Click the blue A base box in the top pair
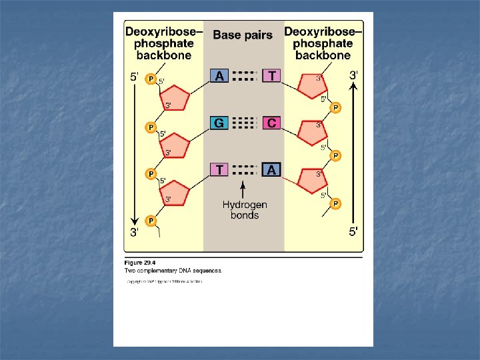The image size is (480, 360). [x=219, y=76]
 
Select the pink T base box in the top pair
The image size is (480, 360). [x=271, y=76]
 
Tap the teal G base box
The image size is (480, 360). [x=219, y=123]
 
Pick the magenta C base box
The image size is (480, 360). [x=271, y=123]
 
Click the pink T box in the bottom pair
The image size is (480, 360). [x=219, y=170]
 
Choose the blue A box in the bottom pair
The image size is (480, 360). [x=271, y=170]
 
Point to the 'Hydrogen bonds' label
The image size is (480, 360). [x=245, y=210]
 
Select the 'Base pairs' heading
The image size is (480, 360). [x=243, y=35]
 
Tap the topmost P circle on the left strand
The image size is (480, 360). [x=151, y=79]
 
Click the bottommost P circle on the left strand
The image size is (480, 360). [x=151, y=221]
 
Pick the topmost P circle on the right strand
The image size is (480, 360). [x=336, y=107]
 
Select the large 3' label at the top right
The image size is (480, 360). [x=353, y=75]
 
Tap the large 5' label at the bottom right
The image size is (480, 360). [x=354, y=232]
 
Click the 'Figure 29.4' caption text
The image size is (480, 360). [x=139, y=263]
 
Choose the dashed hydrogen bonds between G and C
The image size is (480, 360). [x=245, y=123]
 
